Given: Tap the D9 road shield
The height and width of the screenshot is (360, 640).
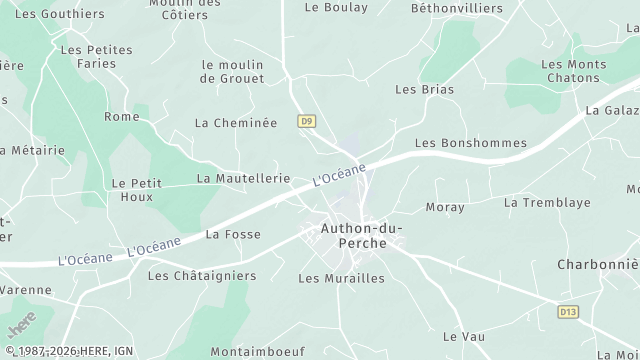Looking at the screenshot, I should click(307, 122).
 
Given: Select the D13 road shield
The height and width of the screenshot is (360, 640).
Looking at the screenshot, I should click(568, 312).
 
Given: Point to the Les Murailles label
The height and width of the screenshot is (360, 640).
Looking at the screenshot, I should click(341, 279).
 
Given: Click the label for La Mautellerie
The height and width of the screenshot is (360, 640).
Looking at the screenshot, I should click(243, 179).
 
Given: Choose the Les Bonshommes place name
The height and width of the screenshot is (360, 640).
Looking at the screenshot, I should click(470, 144).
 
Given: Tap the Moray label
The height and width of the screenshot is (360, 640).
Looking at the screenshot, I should click(445, 208).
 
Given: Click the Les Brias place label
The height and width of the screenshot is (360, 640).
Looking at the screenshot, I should click(424, 90).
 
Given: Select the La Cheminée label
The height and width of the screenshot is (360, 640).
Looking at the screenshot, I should click(235, 124).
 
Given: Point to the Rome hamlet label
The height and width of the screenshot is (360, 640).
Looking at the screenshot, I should click(122, 117).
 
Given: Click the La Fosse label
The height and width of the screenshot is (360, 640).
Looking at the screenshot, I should click(233, 235).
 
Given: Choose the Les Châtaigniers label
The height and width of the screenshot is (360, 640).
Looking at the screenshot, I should click(202, 276).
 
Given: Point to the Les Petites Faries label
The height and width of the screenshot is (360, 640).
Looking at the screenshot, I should click(97, 56).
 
